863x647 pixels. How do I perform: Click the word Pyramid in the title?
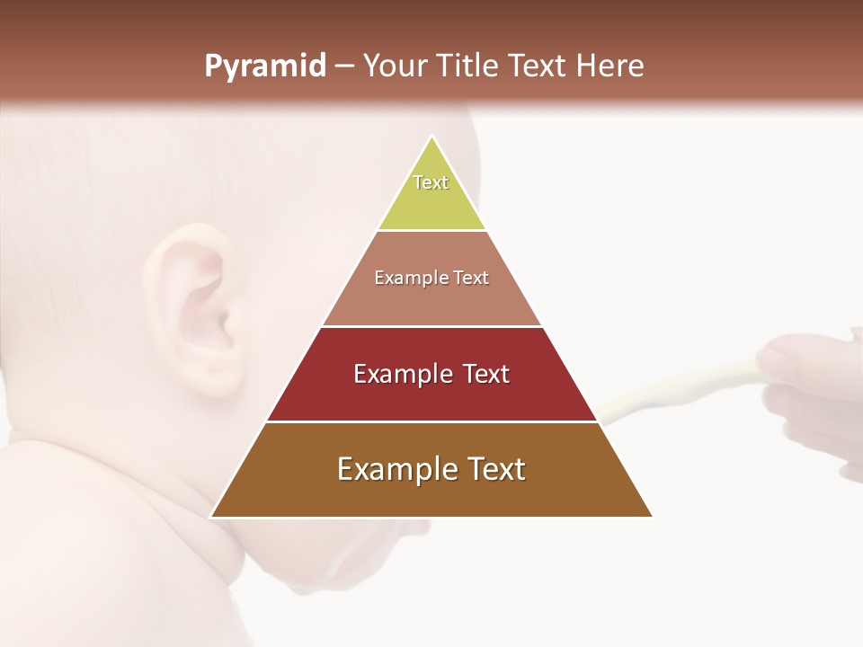tap(264, 66)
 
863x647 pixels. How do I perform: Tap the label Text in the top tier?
tap(431, 182)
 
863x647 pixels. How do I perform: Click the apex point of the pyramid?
tap(431, 137)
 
